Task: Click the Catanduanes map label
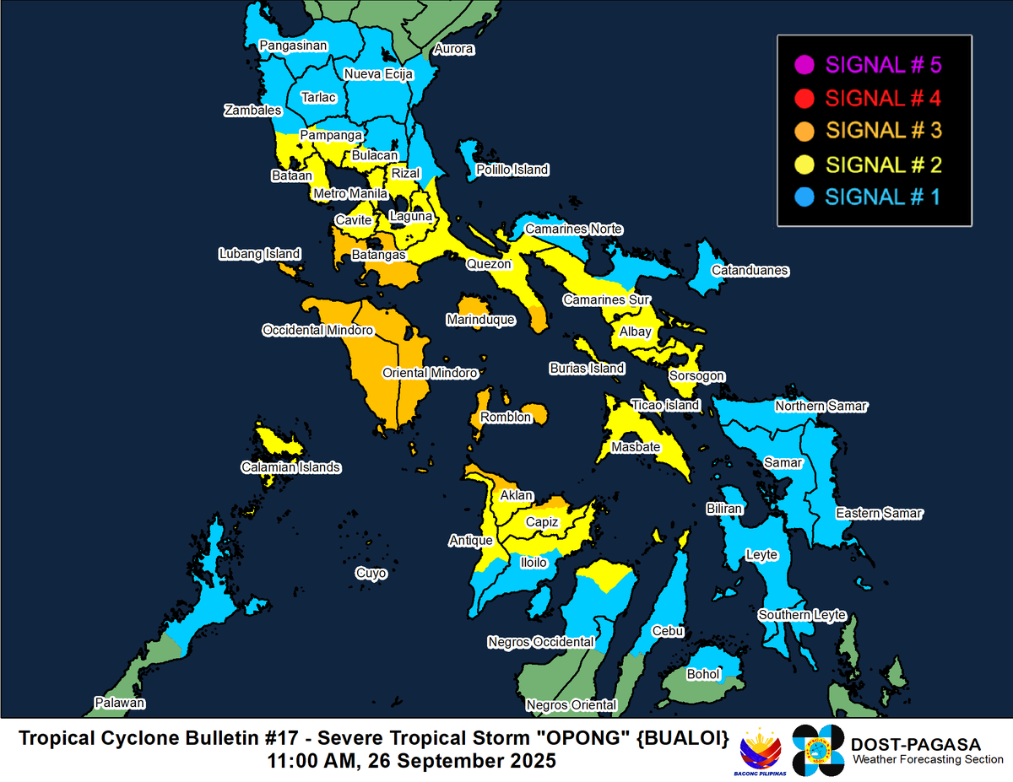pyautogui.click(x=750, y=271)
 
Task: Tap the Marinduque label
pyautogui.click(x=480, y=321)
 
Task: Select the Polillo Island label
pyautogui.click(x=512, y=170)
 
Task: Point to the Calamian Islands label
pyautogui.click(x=290, y=467)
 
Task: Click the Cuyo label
pyautogui.click(x=371, y=574)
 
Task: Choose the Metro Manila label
pyautogui.click(x=350, y=194)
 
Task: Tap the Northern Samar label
pyautogui.click(x=821, y=406)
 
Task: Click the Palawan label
pyautogui.click(x=120, y=703)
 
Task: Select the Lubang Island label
pyautogui.click(x=259, y=254)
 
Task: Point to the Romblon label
pyautogui.click(x=506, y=418)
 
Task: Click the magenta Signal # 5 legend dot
pyautogui.click(x=804, y=64)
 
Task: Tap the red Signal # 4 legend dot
pyautogui.click(x=804, y=98)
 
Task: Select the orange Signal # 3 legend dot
pyautogui.click(x=804, y=131)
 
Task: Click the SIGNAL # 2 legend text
pyautogui.click(x=882, y=164)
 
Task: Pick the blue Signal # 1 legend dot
pyautogui.click(x=804, y=197)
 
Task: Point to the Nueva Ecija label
pyautogui.click(x=377, y=74)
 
